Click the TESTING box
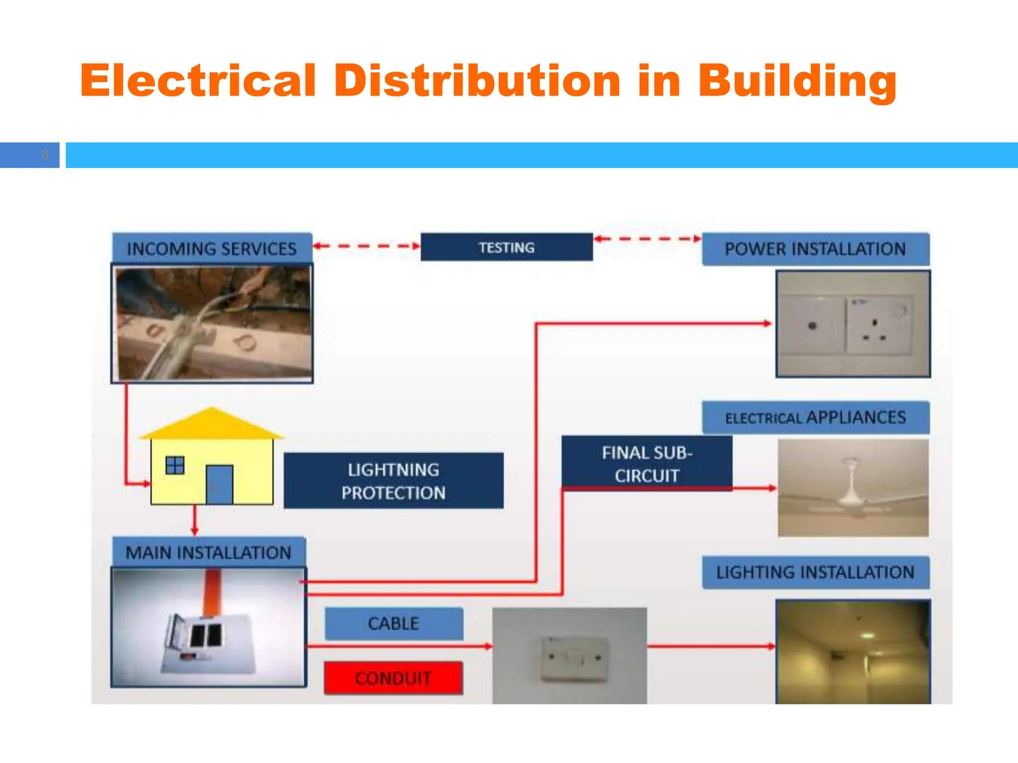[x=507, y=247]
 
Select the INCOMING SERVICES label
[x=212, y=248]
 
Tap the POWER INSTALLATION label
[x=815, y=249]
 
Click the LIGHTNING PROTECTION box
[x=393, y=481]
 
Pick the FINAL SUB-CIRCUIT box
[x=647, y=463]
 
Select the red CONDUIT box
[x=393, y=678]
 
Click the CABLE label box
[x=394, y=623]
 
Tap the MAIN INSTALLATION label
[x=208, y=552]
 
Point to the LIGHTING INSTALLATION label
[x=815, y=572]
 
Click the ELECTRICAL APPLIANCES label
[x=815, y=417]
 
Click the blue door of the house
[x=219, y=484]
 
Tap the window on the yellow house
[x=175, y=465]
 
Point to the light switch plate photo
[x=574, y=658]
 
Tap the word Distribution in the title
[x=477, y=80]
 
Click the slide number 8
[x=45, y=155]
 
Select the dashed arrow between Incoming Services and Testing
[x=367, y=245]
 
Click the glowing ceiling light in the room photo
[x=868, y=635]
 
